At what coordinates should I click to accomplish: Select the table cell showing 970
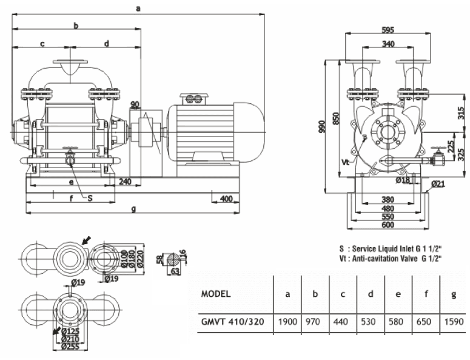(x=315, y=322)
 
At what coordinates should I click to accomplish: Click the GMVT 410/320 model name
(x=231, y=322)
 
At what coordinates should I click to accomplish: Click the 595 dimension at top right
(x=390, y=30)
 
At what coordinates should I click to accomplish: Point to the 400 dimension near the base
(x=227, y=199)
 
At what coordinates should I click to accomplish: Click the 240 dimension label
(x=126, y=180)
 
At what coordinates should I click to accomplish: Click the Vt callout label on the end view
(x=346, y=162)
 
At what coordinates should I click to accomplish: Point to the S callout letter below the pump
(x=90, y=197)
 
